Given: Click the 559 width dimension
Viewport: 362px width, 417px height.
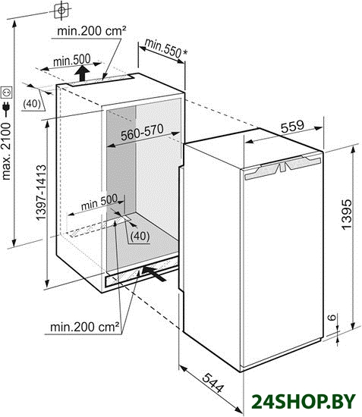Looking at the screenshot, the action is point(292,127).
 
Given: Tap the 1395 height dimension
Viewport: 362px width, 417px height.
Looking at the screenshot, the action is point(346,214).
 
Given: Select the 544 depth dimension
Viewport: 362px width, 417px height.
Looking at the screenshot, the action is point(213,383).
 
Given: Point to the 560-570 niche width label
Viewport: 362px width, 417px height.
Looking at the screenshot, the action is point(142,132).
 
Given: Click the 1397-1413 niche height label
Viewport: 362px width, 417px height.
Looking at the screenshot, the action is point(41,193).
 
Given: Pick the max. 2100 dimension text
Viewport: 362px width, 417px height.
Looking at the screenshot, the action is point(6,151).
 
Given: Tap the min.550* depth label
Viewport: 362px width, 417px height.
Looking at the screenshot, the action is point(165,48).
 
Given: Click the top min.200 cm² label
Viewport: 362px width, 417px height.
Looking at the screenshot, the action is point(92,31).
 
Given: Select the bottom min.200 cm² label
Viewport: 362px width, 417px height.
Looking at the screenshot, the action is point(85,327).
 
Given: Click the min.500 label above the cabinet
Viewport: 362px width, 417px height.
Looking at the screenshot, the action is point(72,61).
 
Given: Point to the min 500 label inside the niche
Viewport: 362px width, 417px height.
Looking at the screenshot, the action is point(99,202).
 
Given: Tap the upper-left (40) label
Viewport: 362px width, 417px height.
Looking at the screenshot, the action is point(32,103).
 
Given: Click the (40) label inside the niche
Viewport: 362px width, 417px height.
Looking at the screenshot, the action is point(140,236).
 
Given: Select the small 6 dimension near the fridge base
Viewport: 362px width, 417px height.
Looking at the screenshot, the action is point(332,317).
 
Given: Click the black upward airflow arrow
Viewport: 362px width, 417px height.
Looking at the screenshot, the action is point(82,74).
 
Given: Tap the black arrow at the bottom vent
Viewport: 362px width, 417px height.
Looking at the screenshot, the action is point(154,273).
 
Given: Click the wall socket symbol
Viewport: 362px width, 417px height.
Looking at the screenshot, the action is point(6,92).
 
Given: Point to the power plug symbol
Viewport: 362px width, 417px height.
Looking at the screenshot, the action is point(6,108).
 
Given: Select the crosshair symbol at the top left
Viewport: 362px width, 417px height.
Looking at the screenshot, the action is point(61,11).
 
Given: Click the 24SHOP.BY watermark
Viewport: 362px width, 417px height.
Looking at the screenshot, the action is point(304,401).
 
